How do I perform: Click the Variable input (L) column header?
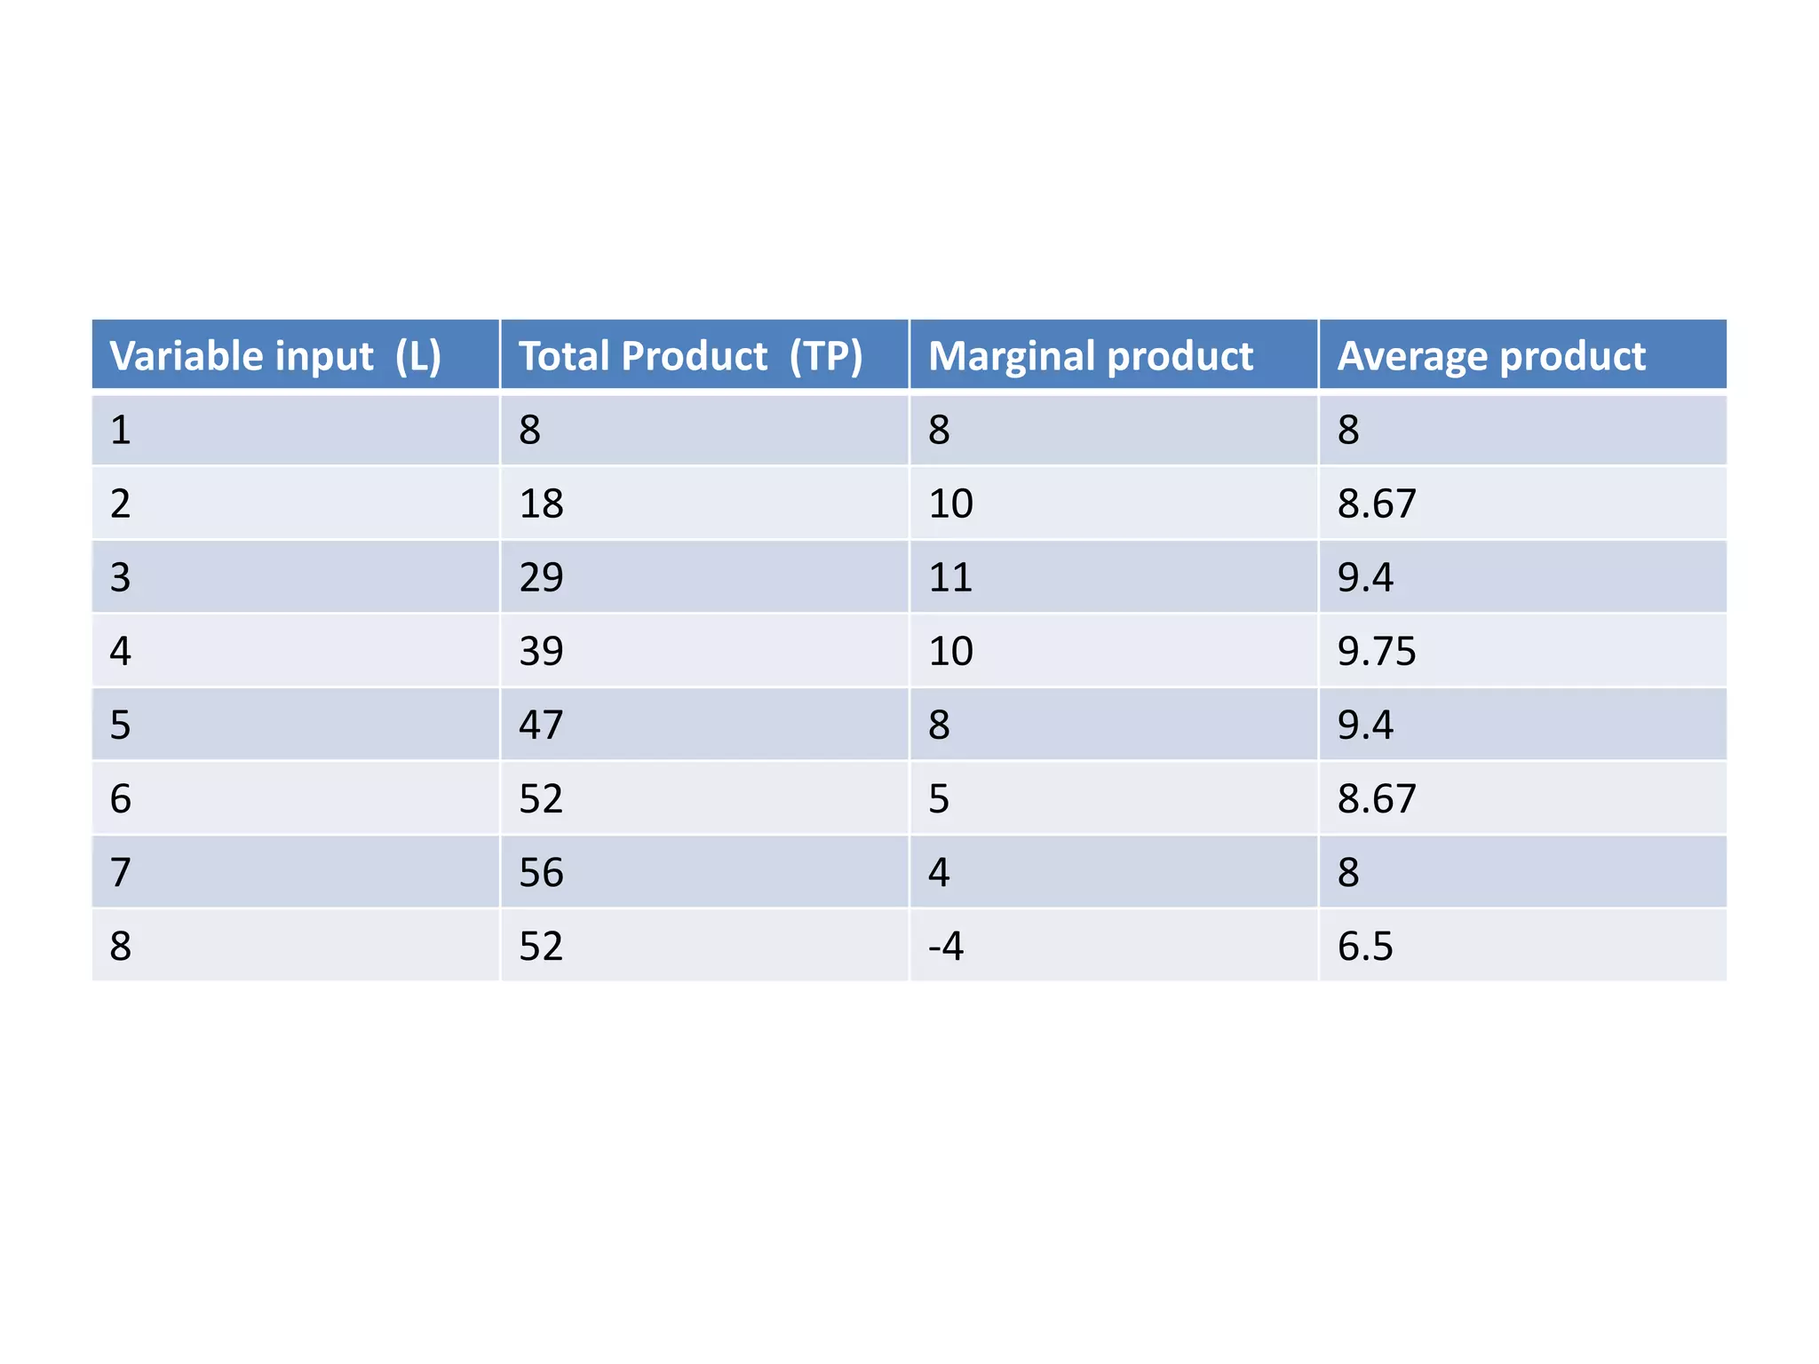pyautogui.click(x=275, y=356)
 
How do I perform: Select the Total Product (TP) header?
pyautogui.click(x=690, y=356)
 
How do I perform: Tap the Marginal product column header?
pyautogui.click(x=1090, y=356)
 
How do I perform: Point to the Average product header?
pyautogui.click(x=1491, y=356)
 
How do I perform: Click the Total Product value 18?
pyautogui.click(x=541, y=504)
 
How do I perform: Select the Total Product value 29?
pyautogui.click(x=541, y=577)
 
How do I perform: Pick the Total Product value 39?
pyautogui.click(x=541, y=651)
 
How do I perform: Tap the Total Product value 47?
pyautogui.click(x=541, y=725)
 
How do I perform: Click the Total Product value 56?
pyautogui.click(x=541, y=872)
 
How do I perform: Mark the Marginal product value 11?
pyautogui.click(x=950, y=577)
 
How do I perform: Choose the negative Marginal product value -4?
pyautogui.click(x=946, y=946)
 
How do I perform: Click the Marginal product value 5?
pyautogui.click(x=939, y=798)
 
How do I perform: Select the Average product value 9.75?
pyautogui.click(x=1377, y=651)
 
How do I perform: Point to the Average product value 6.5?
pyautogui.click(x=1365, y=946)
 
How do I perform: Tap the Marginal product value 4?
pyautogui.click(x=939, y=872)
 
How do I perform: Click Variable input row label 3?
pyautogui.click(x=121, y=577)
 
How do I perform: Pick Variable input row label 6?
pyautogui.click(x=121, y=798)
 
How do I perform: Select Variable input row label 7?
pyautogui.click(x=121, y=872)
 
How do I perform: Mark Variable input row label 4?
pyautogui.click(x=121, y=651)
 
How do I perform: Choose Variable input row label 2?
pyautogui.click(x=121, y=504)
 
